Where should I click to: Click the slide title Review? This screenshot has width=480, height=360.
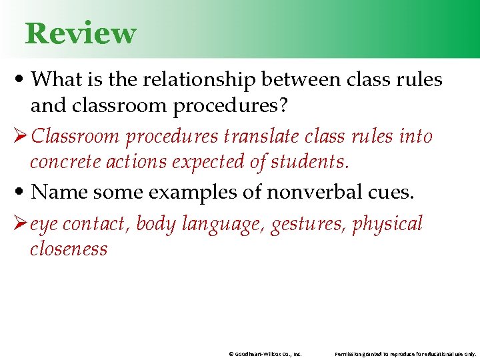pyautogui.click(x=80, y=33)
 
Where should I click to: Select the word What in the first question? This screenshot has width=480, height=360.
pyautogui.click(x=55, y=79)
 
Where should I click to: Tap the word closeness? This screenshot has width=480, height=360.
pyautogui.click(x=69, y=249)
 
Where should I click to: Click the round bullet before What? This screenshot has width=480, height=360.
pyautogui.click(x=23, y=80)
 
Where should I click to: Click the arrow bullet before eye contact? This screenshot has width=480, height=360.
pyautogui.click(x=21, y=224)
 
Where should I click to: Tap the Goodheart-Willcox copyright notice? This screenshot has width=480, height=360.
pyautogui.click(x=265, y=353)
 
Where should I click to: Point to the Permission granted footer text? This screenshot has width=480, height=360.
pyautogui.click(x=405, y=353)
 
